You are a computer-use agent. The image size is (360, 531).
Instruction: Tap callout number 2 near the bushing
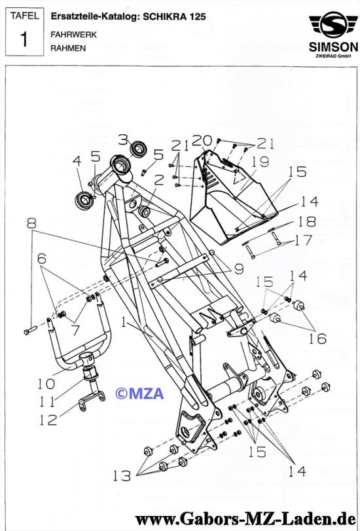click(x=159, y=181)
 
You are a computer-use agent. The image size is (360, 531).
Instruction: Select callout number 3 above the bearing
click(x=123, y=139)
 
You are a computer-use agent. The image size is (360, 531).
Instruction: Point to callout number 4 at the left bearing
click(x=77, y=161)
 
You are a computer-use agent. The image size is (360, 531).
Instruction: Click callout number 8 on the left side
click(x=31, y=223)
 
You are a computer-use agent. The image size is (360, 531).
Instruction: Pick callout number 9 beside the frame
click(x=239, y=269)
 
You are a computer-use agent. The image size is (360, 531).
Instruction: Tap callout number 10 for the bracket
click(x=46, y=384)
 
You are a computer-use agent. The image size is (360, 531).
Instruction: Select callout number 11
click(x=47, y=401)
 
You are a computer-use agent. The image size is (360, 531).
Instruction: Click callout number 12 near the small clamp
click(x=48, y=420)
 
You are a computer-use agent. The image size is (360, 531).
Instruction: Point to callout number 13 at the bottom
click(x=122, y=476)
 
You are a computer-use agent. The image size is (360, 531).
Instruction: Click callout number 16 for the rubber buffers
click(x=317, y=339)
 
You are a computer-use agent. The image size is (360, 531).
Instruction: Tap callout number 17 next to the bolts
click(x=304, y=240)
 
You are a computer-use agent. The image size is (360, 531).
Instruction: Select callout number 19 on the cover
click(x=260, y=162)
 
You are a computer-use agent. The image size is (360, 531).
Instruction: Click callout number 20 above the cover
click(x=202, y=141)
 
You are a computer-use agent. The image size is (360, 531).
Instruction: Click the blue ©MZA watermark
click(x=139, y=393)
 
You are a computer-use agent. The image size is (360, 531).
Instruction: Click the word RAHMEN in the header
click(x=68, y=48)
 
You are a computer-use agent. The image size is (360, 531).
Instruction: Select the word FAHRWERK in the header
click(x=73, y=35)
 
